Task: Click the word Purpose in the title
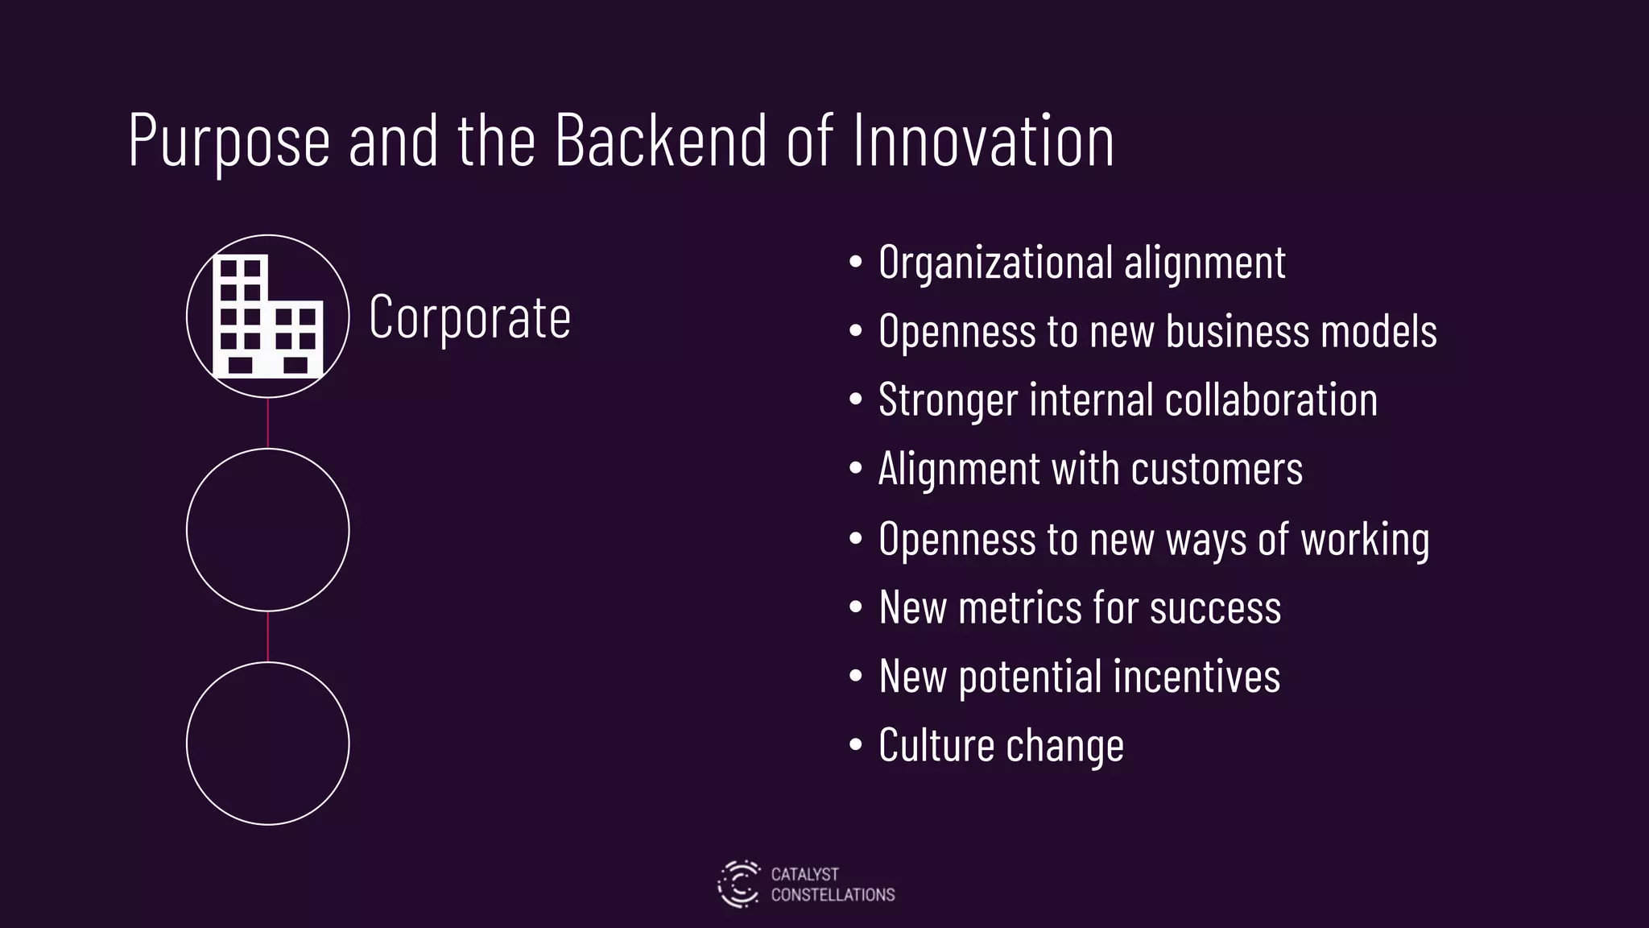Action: tap(229, 142)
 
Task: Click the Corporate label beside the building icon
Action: tap(469, 317)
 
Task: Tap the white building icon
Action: tap(268, 317)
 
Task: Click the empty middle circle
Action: tap(268, 530)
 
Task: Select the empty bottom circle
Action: tap(268, 744)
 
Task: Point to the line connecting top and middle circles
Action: tap(268, 423)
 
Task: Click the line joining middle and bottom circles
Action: tap(268, 636)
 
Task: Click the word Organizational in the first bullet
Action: tap(994, 263)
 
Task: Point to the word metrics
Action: tap(1020, 607)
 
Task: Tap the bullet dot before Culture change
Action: tap(856, 745)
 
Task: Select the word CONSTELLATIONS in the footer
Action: tap(833, 895)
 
